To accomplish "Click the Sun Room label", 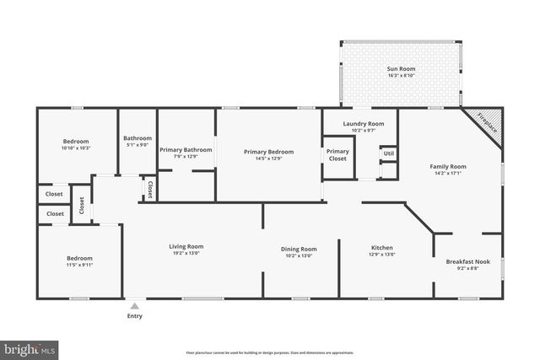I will (402, 68).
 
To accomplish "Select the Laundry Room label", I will (364, 125).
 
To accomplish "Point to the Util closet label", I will (388, 153).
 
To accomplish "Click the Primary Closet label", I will (337, 155).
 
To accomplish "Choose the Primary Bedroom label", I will (267, 152).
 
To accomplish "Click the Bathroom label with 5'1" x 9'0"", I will (138, 138).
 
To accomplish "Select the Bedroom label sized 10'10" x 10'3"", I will (76, 142).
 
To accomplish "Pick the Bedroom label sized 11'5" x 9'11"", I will (80, 258).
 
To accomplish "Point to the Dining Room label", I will (299, 249).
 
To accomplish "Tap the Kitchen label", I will (381, 249).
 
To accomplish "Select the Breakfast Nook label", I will (467, 261).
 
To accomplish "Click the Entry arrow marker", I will (134, 306).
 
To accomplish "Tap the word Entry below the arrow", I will (134, 317).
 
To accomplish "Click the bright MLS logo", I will (30, 347).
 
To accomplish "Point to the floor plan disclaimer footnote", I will (269, 352).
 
